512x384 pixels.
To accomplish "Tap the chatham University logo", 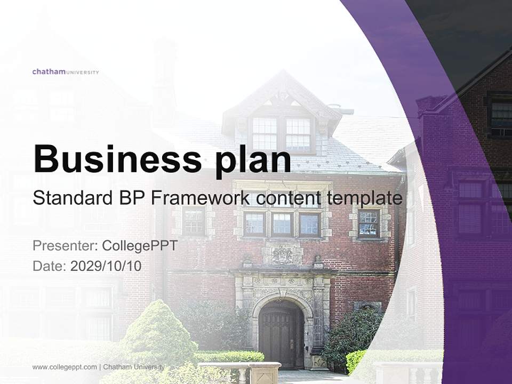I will pyautogui.click(x=66, y=71).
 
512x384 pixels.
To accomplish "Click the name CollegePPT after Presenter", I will pyautogui.click(x=140, y=246).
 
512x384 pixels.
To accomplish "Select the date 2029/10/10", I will pyautogui.click(x=106, y=266).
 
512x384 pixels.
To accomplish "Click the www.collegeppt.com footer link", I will pyautogui.click(x=65, y=367).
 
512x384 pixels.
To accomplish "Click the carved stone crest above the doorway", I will pyautogui.click(x=282, y=255).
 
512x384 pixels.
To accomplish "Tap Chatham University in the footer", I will pyautogui.click(x=134, y=367).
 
